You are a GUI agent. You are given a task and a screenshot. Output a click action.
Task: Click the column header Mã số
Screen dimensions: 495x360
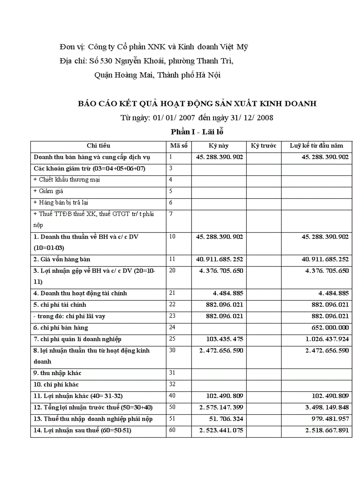pos(179,145)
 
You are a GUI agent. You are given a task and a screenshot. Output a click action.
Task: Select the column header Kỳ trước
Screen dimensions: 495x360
pos(263,145)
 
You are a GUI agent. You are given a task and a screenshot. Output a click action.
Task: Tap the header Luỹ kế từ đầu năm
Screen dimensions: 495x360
pos(316,145)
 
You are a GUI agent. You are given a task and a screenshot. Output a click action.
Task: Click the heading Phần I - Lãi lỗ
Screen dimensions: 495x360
pos(199,131)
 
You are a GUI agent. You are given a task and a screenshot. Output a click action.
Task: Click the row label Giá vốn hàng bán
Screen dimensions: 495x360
pos(62,259)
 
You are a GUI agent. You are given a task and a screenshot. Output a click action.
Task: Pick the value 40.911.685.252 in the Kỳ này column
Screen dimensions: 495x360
pos(219,259)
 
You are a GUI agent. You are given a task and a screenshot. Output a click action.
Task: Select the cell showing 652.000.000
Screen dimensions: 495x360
pos(329,328)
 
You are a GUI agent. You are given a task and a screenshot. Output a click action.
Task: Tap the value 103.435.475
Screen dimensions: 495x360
pos(225,339)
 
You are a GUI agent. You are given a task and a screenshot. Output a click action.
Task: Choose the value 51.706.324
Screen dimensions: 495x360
pos(225,419)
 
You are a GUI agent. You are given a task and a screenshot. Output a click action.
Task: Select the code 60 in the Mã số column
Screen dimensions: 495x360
pos(172,430)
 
